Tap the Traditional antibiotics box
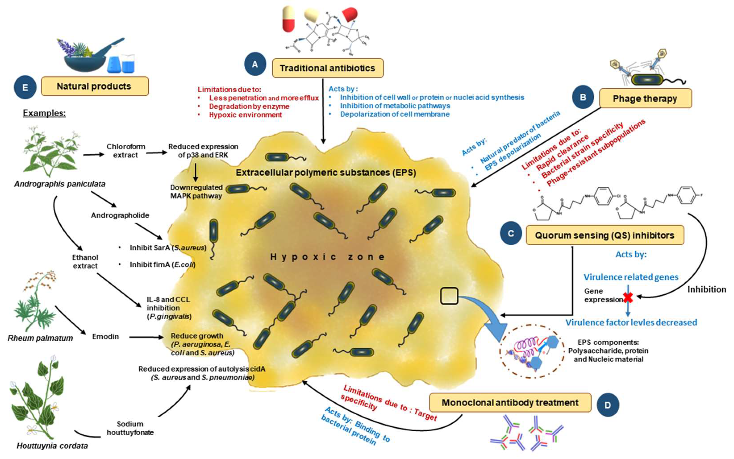[327, 68]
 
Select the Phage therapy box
[645, 99]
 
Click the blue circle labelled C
[511, 233]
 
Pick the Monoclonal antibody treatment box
[510, 403]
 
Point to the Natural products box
[94, 86]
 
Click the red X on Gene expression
[628, 298]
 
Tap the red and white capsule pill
[289, 19]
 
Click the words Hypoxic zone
[327, 257]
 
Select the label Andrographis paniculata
[60, 184]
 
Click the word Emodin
[105, 336]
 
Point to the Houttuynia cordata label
[52, 446]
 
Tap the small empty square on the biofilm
[449, 296]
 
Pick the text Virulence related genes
[631, 277]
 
